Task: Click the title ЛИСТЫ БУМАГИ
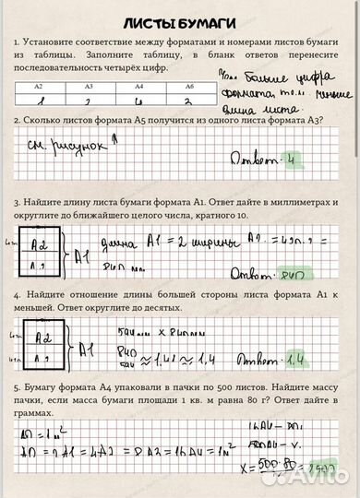[180, 20]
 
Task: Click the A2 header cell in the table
[38, 85]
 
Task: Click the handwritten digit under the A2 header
[38, 99]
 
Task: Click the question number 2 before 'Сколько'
[17, 121]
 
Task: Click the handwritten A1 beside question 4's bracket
[84, 350]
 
